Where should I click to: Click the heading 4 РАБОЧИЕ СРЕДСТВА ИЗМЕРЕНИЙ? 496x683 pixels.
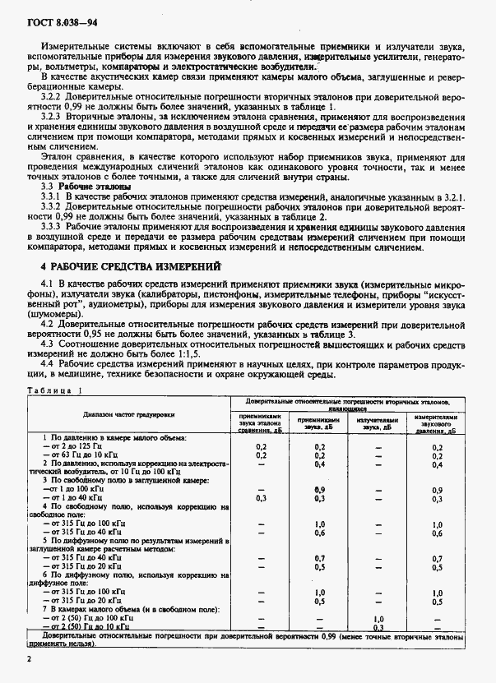pyautogui.click(x=132, y=267)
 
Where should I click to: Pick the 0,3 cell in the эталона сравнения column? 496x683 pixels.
pyautogui.click(x=262, y=498)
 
